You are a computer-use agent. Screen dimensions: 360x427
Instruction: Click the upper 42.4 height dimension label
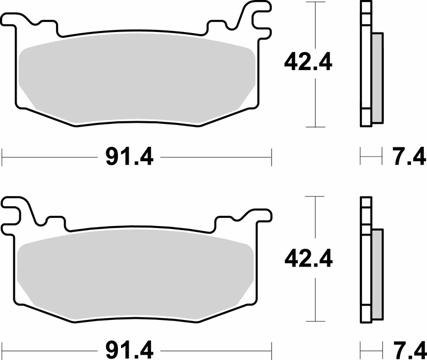(309, 63)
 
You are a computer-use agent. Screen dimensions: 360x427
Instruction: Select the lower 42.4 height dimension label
(309, 259)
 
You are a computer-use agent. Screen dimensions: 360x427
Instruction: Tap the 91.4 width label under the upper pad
(130, 158)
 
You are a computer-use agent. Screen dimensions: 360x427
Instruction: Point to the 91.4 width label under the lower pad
(130, 351)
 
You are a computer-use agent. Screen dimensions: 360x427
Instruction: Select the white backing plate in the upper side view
(366, 64)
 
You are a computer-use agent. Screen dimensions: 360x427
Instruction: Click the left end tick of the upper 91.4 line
(3, 158)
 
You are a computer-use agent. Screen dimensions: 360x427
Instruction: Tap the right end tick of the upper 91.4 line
(272, 158)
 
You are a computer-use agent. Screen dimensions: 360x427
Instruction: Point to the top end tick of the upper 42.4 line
(317, 2)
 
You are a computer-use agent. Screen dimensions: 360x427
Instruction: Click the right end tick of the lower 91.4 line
(272, 351)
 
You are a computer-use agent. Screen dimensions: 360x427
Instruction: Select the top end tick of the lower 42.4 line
(317, 197)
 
